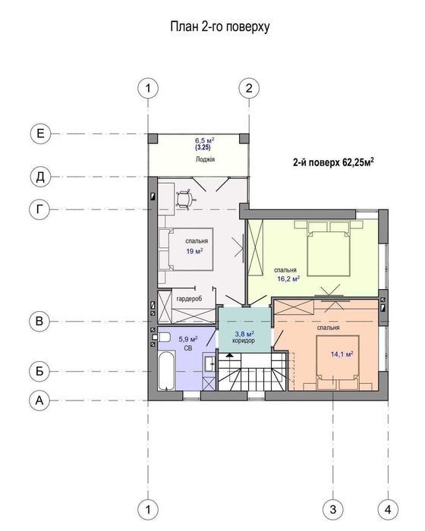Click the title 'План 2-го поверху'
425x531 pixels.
point(219,27)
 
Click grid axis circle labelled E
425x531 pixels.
point(40,134)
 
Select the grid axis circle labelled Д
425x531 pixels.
point(40,177)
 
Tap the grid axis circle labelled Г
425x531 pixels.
point(40,209)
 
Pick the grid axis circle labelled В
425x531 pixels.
point(39,321)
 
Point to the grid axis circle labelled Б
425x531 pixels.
point(39,371)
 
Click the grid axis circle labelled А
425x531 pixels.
point(39,401)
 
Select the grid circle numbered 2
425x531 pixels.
point(249,89)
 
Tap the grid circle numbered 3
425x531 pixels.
point(333,509)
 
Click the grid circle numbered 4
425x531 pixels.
point(388,509)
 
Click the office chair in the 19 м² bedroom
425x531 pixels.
point(185,199)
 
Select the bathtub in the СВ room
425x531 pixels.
point(167,370)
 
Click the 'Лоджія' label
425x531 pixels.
point(205,159)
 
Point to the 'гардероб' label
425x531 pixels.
point(189,299)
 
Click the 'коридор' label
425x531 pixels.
point(244,341)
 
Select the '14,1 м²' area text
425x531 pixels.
point(342,354)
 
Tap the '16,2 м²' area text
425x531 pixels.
point(288,279)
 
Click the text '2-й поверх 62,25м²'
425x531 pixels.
point(333,162)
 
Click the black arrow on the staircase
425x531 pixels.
point(230,355)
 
